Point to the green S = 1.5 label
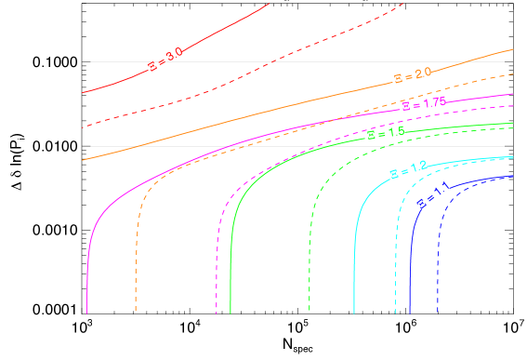coord(386,133)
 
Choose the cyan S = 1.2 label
coord(408,170)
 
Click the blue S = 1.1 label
coord(433,196)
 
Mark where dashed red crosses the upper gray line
coord(270,61)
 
